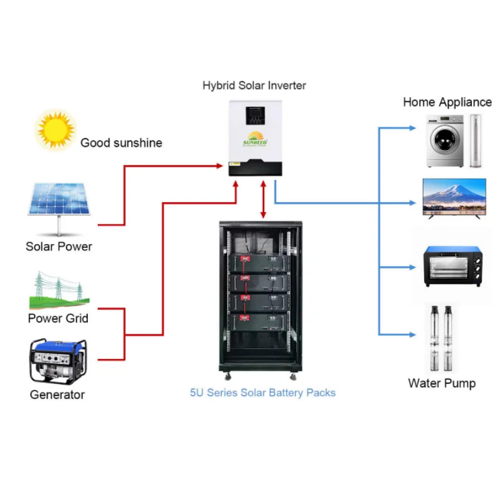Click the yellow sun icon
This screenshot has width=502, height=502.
[x=55, y=130]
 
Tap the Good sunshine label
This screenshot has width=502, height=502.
[x=121, y=143]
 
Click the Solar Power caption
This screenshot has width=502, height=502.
[x=59, y=247]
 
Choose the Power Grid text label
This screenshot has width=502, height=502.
[x=58, y=318]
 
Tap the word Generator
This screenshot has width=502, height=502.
[x=57, y=395]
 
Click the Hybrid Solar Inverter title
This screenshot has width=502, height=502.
[x=254, y=85]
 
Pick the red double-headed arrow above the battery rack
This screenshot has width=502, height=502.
[x=264, y=199]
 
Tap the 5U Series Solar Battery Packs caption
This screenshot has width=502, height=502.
[x=262, y=393]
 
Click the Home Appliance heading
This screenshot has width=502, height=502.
[x=447, y=102]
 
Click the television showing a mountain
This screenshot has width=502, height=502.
[x=454, y=197]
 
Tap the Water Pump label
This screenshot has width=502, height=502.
[x=442, y=383]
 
